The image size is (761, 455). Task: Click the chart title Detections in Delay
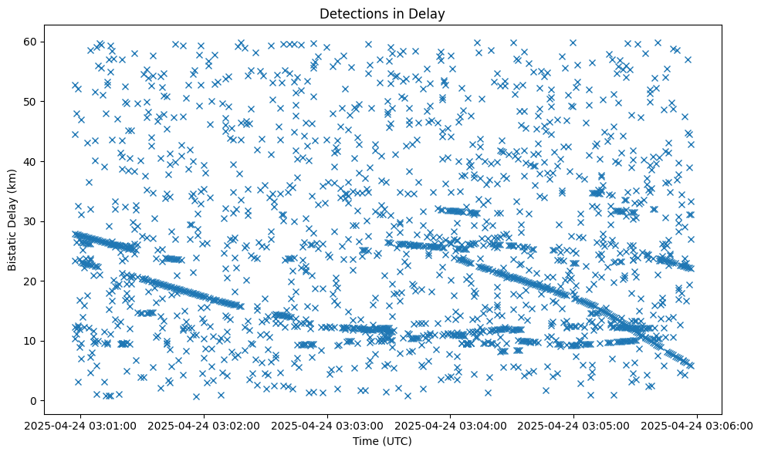tap(382, 14)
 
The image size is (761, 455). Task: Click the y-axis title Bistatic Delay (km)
tap(12, 220)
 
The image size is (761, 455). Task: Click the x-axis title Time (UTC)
tap(382, 441)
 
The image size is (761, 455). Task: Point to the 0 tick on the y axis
tap(33, 400)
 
